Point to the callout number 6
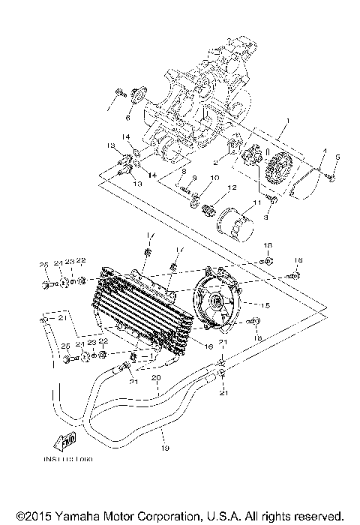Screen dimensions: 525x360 point(128,118)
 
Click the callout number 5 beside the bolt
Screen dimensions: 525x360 point(338,157)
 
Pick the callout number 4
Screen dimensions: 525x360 point(323,151)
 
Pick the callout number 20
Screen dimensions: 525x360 point(156,379)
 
